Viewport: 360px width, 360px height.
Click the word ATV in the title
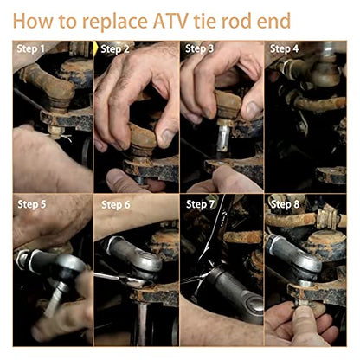pos(171,21)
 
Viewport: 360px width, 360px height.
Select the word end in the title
pos(273,21)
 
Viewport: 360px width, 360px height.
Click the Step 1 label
pos(31,48)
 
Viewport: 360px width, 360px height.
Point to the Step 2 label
pos(115,49)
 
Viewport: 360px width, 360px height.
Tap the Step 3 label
pos(199,48)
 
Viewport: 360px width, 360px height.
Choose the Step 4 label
pos(284,48)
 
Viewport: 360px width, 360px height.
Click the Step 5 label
pos(32,204)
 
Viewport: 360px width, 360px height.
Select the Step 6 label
pos(116,205)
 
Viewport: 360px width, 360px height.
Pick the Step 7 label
pos(201,204)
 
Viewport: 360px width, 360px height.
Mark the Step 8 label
pos(285,204)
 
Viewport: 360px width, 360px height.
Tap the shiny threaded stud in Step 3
pos(224,137)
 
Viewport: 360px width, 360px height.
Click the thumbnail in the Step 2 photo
pos(167,137)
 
